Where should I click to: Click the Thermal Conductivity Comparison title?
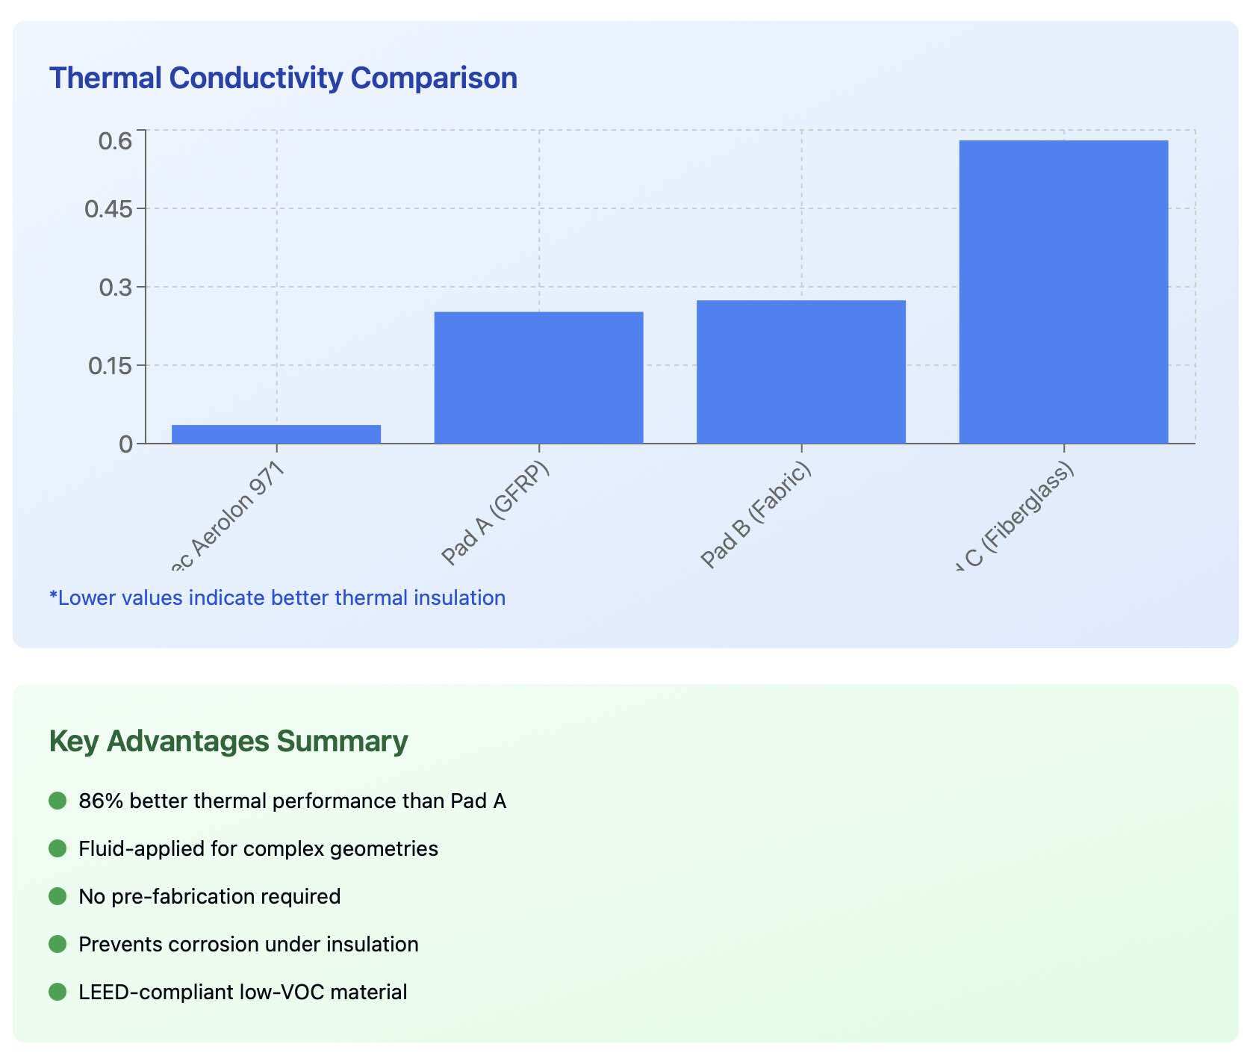click(x=283, y=78)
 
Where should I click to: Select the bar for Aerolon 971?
click(x=276, y=434)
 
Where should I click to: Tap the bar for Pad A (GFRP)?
click(x=538, y=377)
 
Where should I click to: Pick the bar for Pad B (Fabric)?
click(x=800, y=371)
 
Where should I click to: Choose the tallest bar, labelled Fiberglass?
click(x=1063, y=291)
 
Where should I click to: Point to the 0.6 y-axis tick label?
click(x=115, y=140)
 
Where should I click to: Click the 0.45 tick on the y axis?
click(x=108, y=209)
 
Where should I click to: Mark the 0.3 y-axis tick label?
click(x=115, y=288)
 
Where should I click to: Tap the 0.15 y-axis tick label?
click(x=110, y=366)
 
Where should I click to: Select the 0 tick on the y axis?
click(x=125, y=444)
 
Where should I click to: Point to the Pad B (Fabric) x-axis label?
click(x=756, y=515)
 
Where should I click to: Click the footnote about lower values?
click(x=277, y=598)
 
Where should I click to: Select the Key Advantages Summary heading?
click(x=228, y=742)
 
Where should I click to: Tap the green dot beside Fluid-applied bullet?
click(x=57, y=848)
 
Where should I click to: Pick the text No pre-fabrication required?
click(x=210, y=896)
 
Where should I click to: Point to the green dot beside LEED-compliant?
click(x=57, y=992)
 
